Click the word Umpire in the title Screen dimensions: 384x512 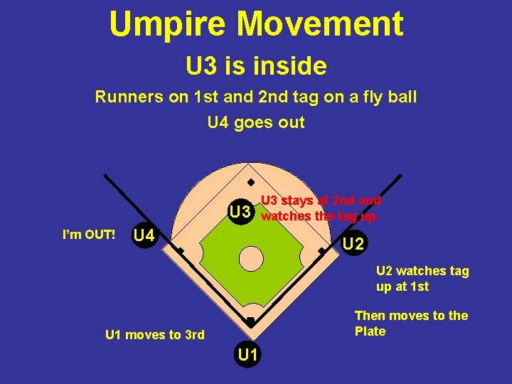click(169, 24)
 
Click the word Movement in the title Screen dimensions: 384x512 click(320, 24)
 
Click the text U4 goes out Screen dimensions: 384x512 click(256, 122)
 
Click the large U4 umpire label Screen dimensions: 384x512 click(145, 235)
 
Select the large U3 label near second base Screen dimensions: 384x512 click(240, 212)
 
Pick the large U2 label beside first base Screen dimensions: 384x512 click(353, 245)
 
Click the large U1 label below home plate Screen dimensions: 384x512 click(248, 353)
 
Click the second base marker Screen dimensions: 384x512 click(250, 181)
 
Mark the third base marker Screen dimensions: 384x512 click(181, 251)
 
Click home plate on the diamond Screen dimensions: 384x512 click(250, 322)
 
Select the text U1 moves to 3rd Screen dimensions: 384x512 click(154, 335)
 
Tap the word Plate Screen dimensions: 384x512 click(370, 331)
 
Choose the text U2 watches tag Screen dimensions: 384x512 click(422, 271)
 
